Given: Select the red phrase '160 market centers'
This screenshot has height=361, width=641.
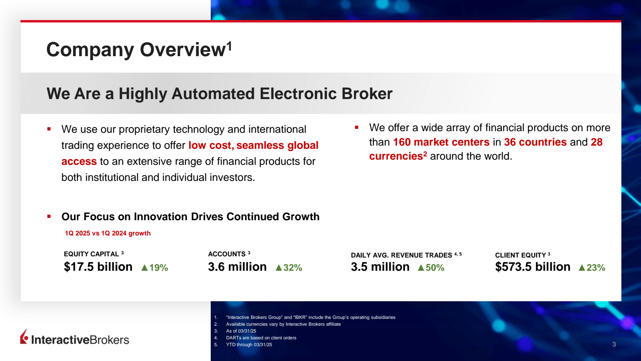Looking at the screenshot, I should [x=441, y=142].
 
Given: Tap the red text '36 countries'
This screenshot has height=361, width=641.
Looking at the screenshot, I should [x=535, y=142].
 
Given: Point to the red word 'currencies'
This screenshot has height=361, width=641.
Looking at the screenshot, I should [x=396, y=156].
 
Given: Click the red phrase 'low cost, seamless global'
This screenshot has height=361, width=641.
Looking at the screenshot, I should [x=253, y=146].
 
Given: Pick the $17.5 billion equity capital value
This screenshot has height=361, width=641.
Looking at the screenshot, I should [x=98, y=267].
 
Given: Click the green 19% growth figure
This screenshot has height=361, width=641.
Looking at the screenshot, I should [x=159, y=268].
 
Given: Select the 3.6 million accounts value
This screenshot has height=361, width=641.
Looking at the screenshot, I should [x=237, y=267].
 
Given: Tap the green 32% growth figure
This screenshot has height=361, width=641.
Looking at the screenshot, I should [x=293, y=268].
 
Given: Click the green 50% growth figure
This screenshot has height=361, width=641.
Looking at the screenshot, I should [x=435, y=268].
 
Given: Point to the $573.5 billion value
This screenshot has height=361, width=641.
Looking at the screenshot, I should [x=532, y=267].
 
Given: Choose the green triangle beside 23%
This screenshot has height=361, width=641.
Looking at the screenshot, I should [x=582, y=268].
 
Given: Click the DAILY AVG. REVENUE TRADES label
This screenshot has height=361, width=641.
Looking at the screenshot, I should [x=401, y=256].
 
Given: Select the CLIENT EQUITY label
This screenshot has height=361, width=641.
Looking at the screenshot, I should [x=520, y=256].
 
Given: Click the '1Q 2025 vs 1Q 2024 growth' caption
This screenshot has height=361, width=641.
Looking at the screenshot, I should [x=108, y=233].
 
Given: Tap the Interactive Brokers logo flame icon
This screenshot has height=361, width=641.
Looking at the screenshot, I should [x=24, y=337].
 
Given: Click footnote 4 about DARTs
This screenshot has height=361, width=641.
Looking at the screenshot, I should [x=261, y=338].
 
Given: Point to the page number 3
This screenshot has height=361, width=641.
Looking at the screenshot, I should [x=614, y=345].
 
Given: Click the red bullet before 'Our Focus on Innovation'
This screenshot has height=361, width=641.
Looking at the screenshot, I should [x=49, y=217].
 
